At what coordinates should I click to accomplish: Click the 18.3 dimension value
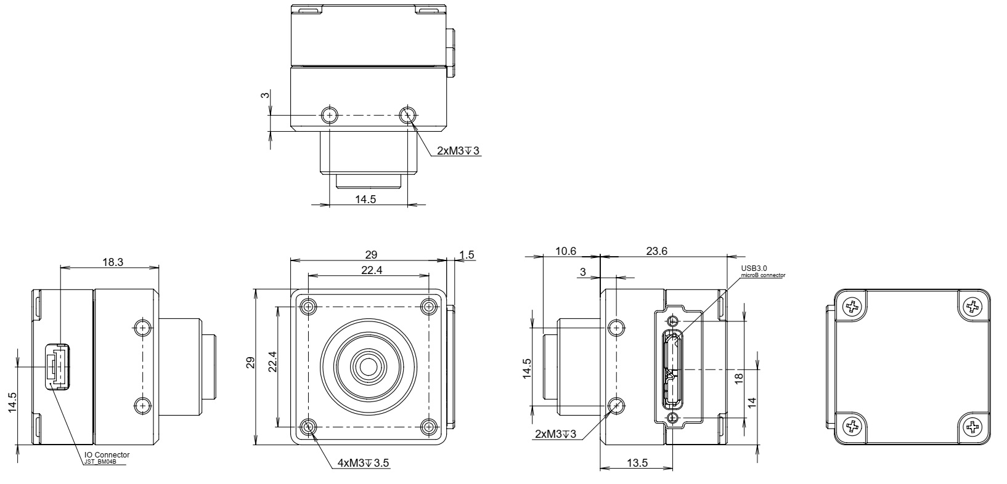tap(113, 262)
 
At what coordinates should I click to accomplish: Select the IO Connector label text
tap(107, 454)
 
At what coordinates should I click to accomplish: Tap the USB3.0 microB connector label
tap(763, 272)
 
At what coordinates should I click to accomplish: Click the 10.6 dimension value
tap(565, 251)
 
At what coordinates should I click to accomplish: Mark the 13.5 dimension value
tap(637, 463)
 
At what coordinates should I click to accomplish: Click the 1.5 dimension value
tap(466, 254)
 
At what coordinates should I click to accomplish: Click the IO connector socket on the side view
tap(57, 366)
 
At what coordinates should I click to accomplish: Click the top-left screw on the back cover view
tap(852, 306)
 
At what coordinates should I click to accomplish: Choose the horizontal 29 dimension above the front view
tap(370, 254)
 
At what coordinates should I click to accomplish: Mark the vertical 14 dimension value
tap(751, 402)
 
